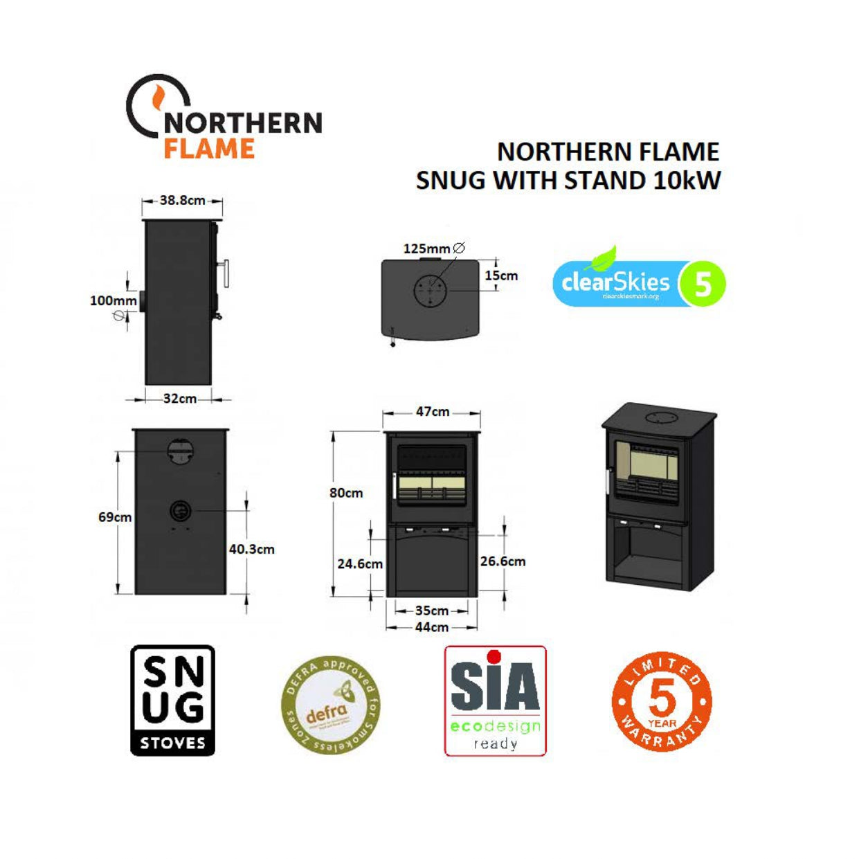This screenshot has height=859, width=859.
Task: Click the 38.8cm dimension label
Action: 182,200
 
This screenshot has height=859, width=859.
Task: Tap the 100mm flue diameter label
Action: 114,300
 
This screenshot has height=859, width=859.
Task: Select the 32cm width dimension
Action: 179,399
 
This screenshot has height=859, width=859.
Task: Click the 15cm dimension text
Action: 501,275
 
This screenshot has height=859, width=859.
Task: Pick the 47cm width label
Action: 432,412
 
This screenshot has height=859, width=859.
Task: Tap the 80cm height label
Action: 346,493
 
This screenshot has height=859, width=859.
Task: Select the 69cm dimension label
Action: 115,517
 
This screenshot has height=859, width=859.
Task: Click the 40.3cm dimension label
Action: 252,549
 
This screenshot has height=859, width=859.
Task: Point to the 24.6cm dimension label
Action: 360,564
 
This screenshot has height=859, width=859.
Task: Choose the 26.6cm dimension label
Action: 503,561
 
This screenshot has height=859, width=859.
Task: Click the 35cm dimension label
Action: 431,611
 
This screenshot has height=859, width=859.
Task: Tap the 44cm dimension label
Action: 431,627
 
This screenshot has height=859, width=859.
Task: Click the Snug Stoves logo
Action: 173,700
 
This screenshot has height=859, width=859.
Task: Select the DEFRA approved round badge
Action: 331,705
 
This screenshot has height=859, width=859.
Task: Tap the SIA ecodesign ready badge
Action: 495,700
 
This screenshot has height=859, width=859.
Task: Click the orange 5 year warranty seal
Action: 662,701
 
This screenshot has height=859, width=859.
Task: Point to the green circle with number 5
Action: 703,284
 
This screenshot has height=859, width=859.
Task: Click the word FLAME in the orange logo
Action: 209,149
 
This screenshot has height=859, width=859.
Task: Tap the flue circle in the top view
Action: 431,291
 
